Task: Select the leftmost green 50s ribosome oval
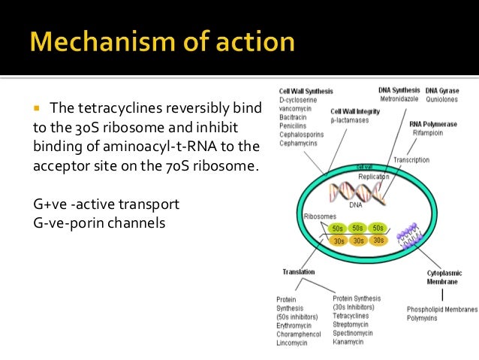point(339,227)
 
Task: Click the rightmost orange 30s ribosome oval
point(378,241)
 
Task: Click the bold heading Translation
point(298,271)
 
